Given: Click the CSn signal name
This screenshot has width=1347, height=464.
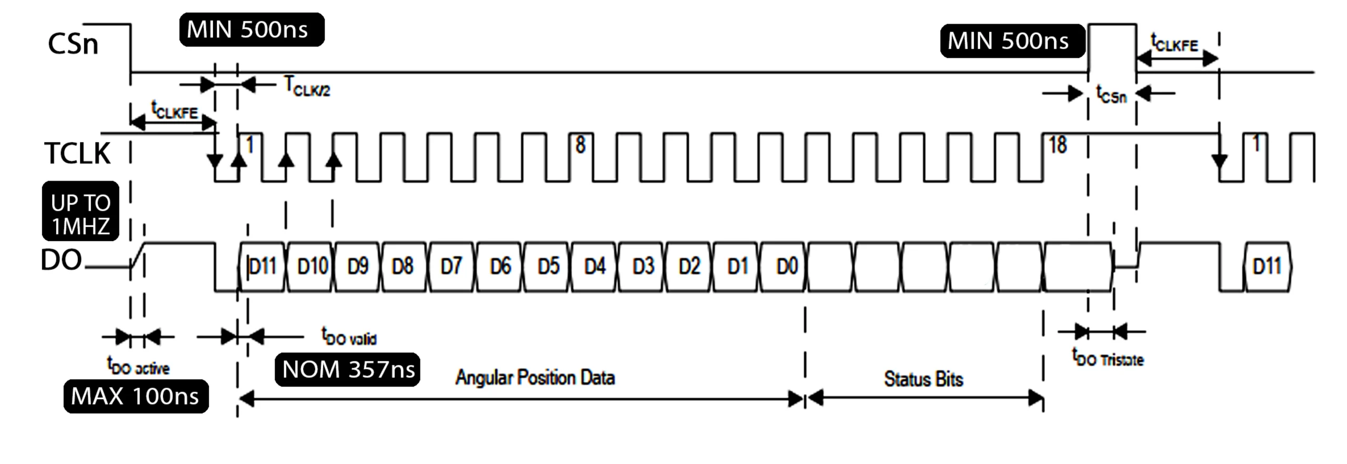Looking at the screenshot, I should [x=73, y=44].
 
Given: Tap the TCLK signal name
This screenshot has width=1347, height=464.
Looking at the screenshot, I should [x=77, y=153].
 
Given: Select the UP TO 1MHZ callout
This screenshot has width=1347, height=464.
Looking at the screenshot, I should [x=81, y=214].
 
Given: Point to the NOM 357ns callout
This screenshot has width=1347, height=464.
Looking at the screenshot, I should [x=348, y=370].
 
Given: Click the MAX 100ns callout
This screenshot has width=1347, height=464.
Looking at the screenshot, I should [x=136, y=396].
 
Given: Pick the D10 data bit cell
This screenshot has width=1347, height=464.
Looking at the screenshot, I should [x=312, y=266].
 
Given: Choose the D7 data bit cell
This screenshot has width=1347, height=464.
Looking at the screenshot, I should [x=451, y=266].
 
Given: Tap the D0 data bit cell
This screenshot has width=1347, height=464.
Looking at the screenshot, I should [x=787, y=266].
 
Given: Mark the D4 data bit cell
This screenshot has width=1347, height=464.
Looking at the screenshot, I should [x=595, y=266].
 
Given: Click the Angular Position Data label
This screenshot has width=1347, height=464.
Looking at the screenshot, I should [x=535, y=378].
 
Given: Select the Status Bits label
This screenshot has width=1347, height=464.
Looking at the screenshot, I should [x=923, y=379].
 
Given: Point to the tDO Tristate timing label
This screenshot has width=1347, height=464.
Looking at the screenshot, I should [x=1108, y=358].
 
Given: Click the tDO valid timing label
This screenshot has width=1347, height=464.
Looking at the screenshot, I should [x=349, y=336].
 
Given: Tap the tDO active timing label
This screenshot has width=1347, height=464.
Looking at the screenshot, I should [x=138, y=366].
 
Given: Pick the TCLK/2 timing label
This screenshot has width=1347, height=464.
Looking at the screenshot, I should [x=307, y=86].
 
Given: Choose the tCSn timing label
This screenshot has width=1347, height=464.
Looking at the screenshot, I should [x=1111, y=95].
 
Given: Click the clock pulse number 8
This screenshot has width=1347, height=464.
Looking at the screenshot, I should [x=580, y=145].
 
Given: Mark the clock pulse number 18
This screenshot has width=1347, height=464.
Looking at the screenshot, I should [x=1058, y=145].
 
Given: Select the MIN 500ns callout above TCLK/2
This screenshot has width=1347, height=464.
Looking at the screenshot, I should [x=252, y=29].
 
